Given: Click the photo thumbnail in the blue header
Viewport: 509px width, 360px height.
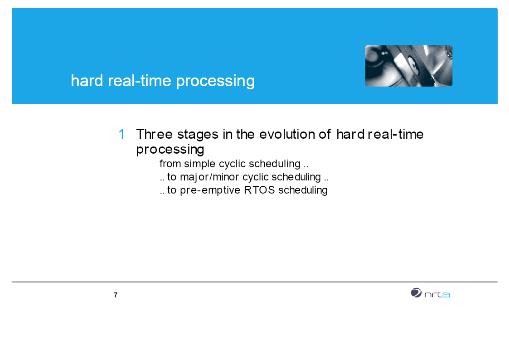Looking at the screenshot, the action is pyautogui.click(x=409, y=66).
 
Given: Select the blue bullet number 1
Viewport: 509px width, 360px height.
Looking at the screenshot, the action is pyautogui.click(x=122, y=134).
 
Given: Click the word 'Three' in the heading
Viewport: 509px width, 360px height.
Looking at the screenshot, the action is pyautogui.click(x=154, y=134).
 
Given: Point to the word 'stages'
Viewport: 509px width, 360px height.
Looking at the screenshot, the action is pyautogui.click(x=198, y=135).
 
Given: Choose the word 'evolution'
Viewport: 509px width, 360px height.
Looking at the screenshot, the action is pyautogui.click(x=287, y=134).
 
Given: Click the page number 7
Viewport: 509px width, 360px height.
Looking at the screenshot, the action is pyautogui.click(x=116, y=295).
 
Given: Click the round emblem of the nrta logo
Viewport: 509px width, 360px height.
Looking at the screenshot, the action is pyautogui.click(x=416, y=293).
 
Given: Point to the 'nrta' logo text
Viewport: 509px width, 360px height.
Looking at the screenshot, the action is pyautogui.click(x=437, y=294).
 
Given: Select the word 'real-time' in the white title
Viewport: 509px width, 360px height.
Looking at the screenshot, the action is pyautogui.click(x=139, y=81).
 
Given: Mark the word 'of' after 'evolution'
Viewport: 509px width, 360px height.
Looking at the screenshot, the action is pyautogui.click(x=325, y=134).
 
